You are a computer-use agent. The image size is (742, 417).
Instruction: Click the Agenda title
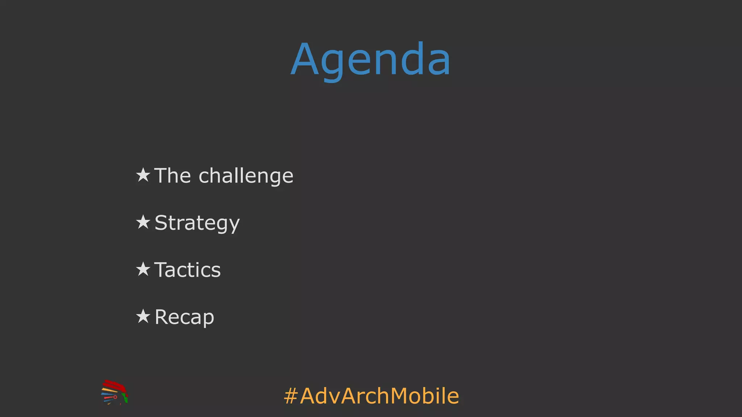tap(371, 60)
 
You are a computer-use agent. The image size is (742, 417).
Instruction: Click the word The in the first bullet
tap(172, 176)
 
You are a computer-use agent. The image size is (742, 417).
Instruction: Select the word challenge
tap(246, 176)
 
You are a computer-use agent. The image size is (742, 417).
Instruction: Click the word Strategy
tap(197, 223)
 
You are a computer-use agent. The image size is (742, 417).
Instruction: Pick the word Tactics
tap(187, 270)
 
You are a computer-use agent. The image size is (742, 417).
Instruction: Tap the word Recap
tap(184, 317)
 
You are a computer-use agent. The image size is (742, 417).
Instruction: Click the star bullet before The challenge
tap(143, 175)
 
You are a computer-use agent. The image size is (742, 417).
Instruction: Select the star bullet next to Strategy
tap(143, 222)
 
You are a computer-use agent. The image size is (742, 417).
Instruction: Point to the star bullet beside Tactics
tap(143, 269)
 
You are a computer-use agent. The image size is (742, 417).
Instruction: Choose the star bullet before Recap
tap(143, 316)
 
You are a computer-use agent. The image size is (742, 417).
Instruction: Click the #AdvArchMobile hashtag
tap(371, 396)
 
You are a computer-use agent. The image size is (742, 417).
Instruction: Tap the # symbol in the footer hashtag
tap(291, 396)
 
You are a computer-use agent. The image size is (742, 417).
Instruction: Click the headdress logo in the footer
tap(114, 392)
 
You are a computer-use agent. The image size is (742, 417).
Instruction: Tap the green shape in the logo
tap(125, 399)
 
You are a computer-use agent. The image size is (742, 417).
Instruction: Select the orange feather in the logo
tap(109, 390)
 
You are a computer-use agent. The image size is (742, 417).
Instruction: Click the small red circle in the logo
tap(115, 397)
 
